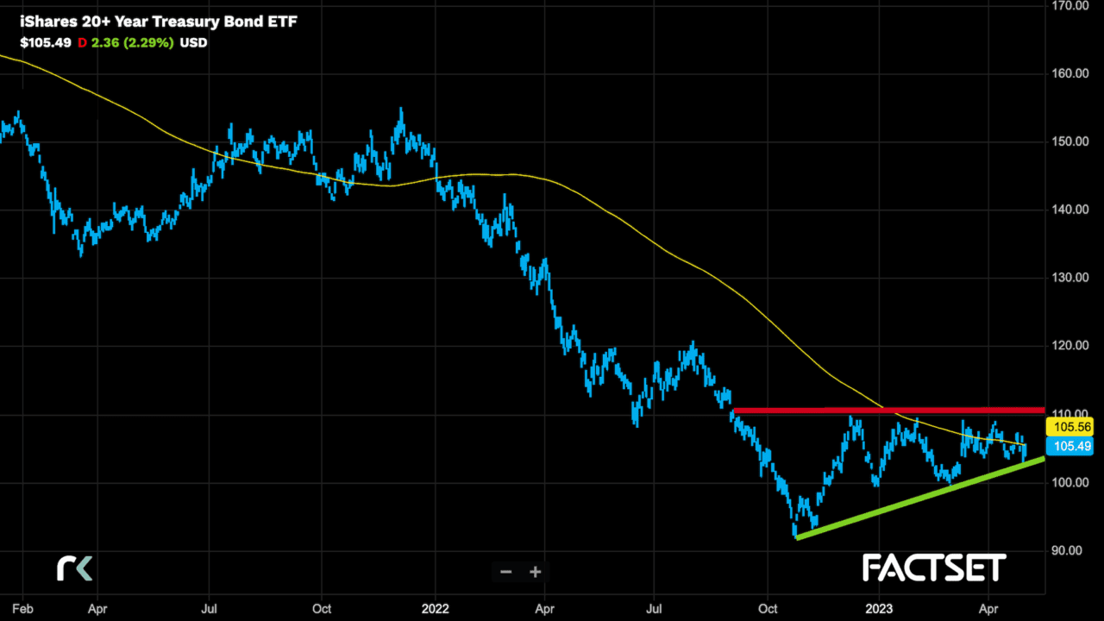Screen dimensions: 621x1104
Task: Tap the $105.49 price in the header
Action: (46, 42)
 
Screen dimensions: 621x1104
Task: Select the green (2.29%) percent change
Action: (150, 42)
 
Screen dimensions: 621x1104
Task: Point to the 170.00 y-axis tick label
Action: (1069, 5)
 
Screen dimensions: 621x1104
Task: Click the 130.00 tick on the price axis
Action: (1069, 278)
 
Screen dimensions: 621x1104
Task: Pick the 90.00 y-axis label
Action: (1069, 550)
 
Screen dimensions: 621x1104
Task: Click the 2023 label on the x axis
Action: (879, 607)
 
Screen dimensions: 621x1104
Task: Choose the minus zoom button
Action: (506, 572)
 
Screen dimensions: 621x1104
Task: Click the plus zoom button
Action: (536, 572)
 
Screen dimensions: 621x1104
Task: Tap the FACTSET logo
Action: (934, 568)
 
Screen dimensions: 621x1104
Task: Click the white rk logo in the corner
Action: (74, 568)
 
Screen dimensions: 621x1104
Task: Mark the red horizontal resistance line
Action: (888, 410)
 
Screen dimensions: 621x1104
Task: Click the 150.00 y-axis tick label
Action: (1069, 141)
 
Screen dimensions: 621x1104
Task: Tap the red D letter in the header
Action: (83, 42)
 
